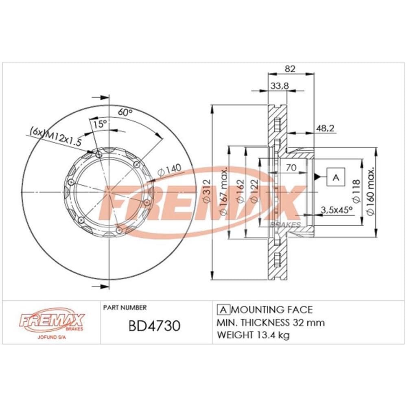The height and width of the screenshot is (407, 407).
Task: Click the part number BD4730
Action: pyautogui.click(x=154, y=326)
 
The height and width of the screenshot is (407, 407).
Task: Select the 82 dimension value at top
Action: pyautogui.click(x=290, y=68)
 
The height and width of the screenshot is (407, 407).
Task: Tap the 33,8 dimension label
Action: pyautogui.click(x=280, y=85)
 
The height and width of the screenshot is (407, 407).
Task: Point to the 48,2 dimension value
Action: pyautogui.click(x=325, y=128)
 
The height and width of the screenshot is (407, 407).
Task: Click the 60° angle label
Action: pyautogui.click(x=125, y=112)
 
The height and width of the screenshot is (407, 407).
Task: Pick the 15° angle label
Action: pyautogui.click(x=100, y=124)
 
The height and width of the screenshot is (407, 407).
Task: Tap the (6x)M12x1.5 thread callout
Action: pyautogui.click(x=55, y=136)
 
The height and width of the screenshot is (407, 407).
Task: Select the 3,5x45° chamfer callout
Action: pyautogui.click(x=337, y=210)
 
